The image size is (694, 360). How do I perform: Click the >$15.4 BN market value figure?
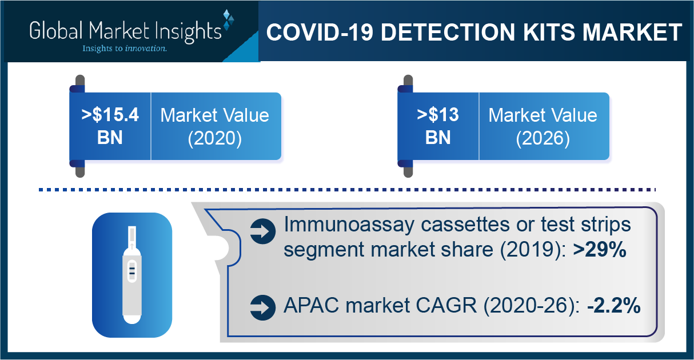click(x=110, y=126)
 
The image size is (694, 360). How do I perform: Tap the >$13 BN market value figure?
click(x=438, y=126)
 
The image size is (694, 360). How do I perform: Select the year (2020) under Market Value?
click(x=215, y=138)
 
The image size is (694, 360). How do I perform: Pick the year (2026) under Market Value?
click(x=543, y=138)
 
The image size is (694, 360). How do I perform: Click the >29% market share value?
click(x=600, y=249)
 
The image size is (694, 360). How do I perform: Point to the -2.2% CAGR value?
click(x=614, y=306)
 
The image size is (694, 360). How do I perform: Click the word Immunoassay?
click(x=349, y=225)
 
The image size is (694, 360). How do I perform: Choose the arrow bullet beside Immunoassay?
click(x=263, y=231)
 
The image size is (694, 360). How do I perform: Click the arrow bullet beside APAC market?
click(x=263, y=307)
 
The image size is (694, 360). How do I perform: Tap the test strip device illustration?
click(x=132, y=275)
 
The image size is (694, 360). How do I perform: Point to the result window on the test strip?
click(x=132, y=271)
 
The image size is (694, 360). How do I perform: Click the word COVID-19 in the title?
click(x=320, y=32)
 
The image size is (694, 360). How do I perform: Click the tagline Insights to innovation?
click(x=125, y=49)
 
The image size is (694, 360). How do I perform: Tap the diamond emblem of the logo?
click(x=228, y=20)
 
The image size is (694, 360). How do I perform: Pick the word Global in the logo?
click(x=57, y=30)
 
